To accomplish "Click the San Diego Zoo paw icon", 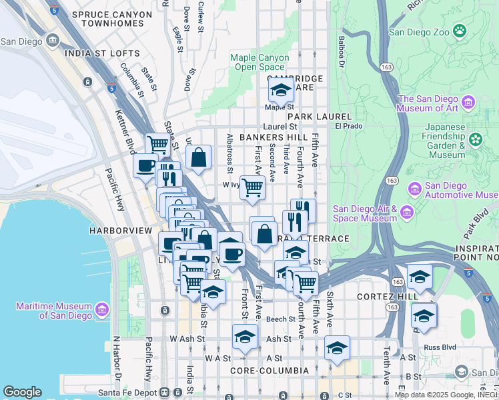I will (x=459, y=31).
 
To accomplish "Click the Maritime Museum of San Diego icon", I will (x=101, y=310).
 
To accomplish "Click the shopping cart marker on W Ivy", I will (x=252, y=189).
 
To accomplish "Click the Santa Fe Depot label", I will (x=122, y=392).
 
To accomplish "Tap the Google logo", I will (x=22, y=392).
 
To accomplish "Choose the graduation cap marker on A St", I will (x=337, y=348).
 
